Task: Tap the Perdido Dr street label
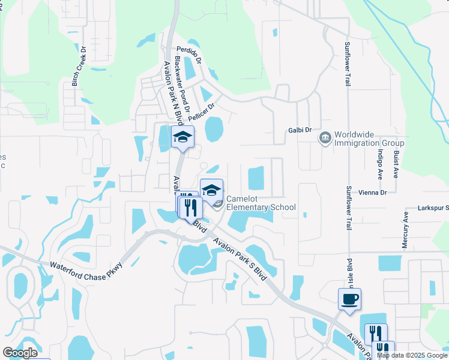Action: tap(188, 55)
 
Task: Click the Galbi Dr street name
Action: tap(300, 129)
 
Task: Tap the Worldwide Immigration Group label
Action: tap(369, 139)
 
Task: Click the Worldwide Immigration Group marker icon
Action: tap(325, 139)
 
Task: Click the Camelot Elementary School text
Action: tap(261, 203)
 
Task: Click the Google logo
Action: tap(20, 353)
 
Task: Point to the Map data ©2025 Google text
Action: tap(411, 355)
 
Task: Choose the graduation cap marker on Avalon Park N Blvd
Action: tap(182, 137)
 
